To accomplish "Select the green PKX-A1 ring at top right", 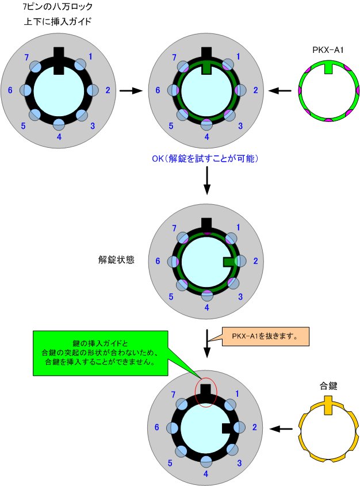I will pos(328,93).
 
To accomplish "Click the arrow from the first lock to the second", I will pos(131,91).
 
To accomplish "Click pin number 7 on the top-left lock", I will pos(25,59).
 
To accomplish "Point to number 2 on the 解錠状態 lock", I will pos(255,261).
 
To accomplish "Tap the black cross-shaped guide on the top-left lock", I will pos(59,59).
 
